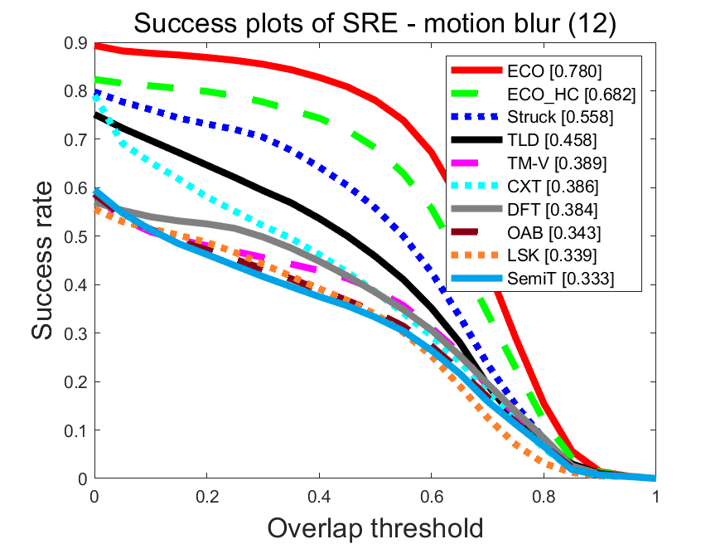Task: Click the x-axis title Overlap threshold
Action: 375,526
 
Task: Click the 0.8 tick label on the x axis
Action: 544,497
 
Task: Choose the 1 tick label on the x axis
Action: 655,497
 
